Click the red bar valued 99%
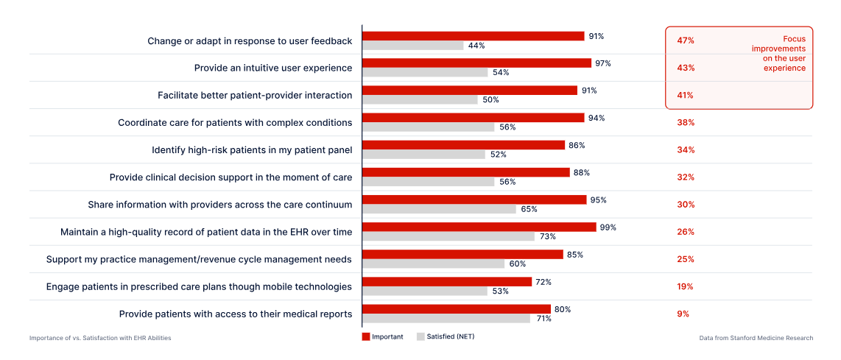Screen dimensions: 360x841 tap(479, 227)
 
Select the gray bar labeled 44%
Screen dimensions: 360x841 tap(412, 46)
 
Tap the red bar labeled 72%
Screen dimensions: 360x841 tap(446, 281)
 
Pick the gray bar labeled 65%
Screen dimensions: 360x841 tap(439, 209)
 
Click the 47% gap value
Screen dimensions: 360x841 tap(686, 40)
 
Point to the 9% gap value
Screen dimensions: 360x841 tap(683, 314)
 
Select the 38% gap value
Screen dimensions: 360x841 tap(686, 122)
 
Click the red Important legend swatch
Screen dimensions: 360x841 tap(366, 337)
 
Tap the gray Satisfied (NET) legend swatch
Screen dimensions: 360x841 tap(420, 337)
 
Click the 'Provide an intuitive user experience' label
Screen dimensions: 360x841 tap(272, 68)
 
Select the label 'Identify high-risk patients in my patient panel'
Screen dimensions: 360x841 tap(252, 150)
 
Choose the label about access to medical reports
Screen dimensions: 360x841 tap(236, 314)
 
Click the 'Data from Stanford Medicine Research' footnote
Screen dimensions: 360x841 tap(756, 338)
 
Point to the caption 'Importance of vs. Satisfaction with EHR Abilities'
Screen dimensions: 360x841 tap(100, 338)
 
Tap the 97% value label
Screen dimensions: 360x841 tap(603, 63)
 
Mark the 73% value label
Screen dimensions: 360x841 tap(546, 236)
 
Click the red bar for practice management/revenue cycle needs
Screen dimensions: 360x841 tap(462, 254)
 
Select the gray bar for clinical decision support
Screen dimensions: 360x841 tap(428, 182)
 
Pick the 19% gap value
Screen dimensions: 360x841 tap(686, 286)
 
